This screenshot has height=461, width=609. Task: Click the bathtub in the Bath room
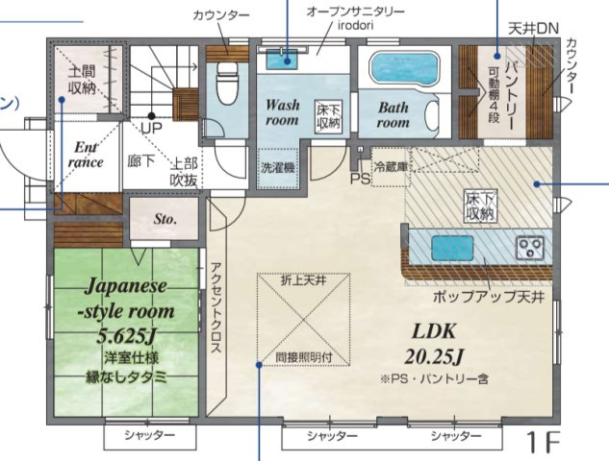pyautogui.click(x=405, y=69)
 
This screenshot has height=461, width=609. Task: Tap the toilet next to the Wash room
pyautogui.click(x=227, y=87)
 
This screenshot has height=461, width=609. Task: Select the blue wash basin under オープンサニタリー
pyautogui.click(x=282, y=61)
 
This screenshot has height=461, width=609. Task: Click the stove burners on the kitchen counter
pyautogui.click(x=530, y=248)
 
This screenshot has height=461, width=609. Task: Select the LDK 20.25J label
pyautogui.click(x=439, y=342)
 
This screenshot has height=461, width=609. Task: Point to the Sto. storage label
pyautogui.click(x=165, y=219)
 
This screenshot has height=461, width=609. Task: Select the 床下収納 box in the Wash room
pyautogui.click(x=328, y=117)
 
